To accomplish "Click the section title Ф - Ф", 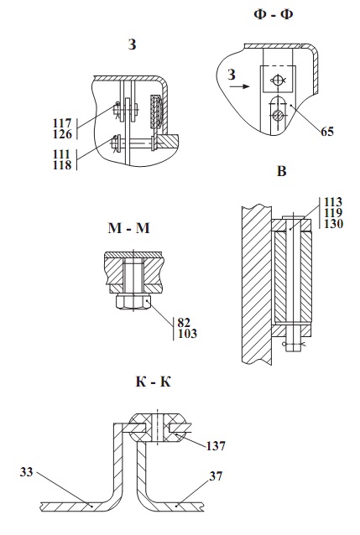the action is click(274, 14).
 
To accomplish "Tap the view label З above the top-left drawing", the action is click(133, 44).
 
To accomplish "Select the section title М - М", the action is click(128, 228).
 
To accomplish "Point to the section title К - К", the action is click(154, 382).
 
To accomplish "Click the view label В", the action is click(281, 171).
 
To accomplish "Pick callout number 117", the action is click(62, 122).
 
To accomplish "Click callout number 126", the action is click(62, 134).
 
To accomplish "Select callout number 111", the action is click(61, 154).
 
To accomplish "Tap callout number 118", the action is click(62, 165).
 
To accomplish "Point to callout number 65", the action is click(327, 132).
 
